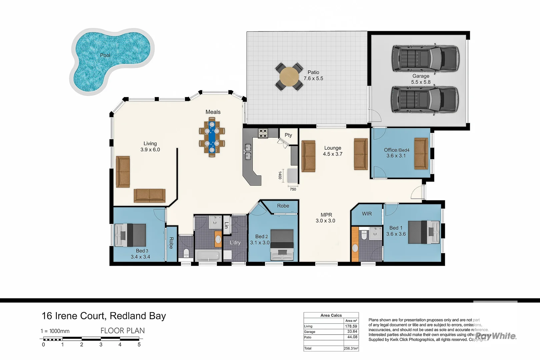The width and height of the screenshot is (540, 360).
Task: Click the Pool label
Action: point(105,55)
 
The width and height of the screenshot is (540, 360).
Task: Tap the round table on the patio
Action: point(289,76)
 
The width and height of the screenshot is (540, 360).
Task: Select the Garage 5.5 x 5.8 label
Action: point(421,79)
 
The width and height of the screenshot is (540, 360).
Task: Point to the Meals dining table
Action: point(212,137)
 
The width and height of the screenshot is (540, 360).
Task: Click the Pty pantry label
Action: point(288,135)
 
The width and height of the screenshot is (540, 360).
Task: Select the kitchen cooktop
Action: point(263,133)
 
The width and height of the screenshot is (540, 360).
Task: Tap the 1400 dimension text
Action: point(280,175)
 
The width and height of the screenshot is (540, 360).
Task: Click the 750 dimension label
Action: point(293,189)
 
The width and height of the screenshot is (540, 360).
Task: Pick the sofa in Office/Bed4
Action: point(421,154)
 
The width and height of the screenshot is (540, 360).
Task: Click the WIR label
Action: point(367,214)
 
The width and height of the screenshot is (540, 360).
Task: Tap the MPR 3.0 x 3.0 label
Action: point(326,218)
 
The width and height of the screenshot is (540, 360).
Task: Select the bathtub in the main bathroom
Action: point(207,256)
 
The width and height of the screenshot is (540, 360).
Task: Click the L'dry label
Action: point(235,243)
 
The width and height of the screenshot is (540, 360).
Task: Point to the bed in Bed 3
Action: point(130,235)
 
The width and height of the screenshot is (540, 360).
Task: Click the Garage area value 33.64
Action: point(352,332)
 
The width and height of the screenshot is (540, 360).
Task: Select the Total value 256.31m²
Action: point(351,348)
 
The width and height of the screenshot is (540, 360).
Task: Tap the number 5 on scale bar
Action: point(139,345)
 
